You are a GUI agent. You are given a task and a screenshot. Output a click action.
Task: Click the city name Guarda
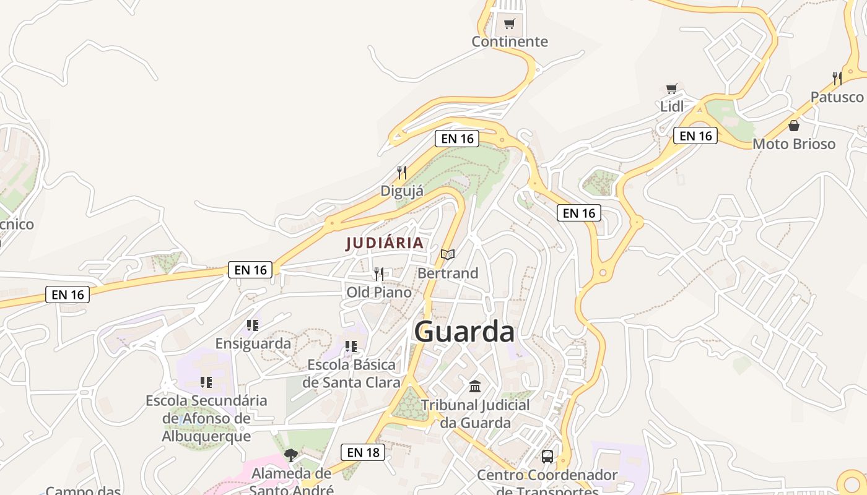(x=464, y=332)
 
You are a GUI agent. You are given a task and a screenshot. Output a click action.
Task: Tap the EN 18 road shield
(x=363, y=452)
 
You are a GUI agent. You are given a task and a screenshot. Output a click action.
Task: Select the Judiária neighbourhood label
(x=385, y=243)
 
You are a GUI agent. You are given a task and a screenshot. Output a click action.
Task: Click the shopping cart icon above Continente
(x=510, y=24)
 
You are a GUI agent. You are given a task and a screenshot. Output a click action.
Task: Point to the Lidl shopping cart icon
(x=672, y=89)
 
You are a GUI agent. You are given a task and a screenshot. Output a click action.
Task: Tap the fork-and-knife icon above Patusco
(x=837, y=79)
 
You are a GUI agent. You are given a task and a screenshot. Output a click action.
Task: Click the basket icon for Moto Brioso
(x=794, y=126)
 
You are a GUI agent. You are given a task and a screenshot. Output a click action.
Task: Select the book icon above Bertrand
(x=448, y=254)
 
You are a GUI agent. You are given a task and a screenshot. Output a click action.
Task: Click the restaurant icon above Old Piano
(x=379, y=273)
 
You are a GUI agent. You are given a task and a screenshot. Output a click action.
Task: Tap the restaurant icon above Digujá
(x=403, y=173)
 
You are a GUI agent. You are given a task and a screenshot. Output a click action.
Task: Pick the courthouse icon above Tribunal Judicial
(x=475, y=387)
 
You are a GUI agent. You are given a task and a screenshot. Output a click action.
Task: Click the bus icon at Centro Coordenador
(x=547, y=457)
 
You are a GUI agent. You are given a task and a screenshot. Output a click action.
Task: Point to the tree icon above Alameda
(x=290, y=455)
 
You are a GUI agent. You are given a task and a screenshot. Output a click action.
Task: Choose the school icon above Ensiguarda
(x=252, y=325)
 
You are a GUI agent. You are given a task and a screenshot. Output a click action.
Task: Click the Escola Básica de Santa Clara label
(x=351, y=374)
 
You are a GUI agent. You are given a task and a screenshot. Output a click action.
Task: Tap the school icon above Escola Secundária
(x=206, y=382)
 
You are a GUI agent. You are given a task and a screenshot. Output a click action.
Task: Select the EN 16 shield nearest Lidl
(x=695, y=136)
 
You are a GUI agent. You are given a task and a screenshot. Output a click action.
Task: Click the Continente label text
(x=510, y=41)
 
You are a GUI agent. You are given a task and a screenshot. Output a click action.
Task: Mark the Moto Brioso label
(x=794, y=144)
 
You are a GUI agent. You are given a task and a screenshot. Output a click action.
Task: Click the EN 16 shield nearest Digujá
(x=457, y=139)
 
